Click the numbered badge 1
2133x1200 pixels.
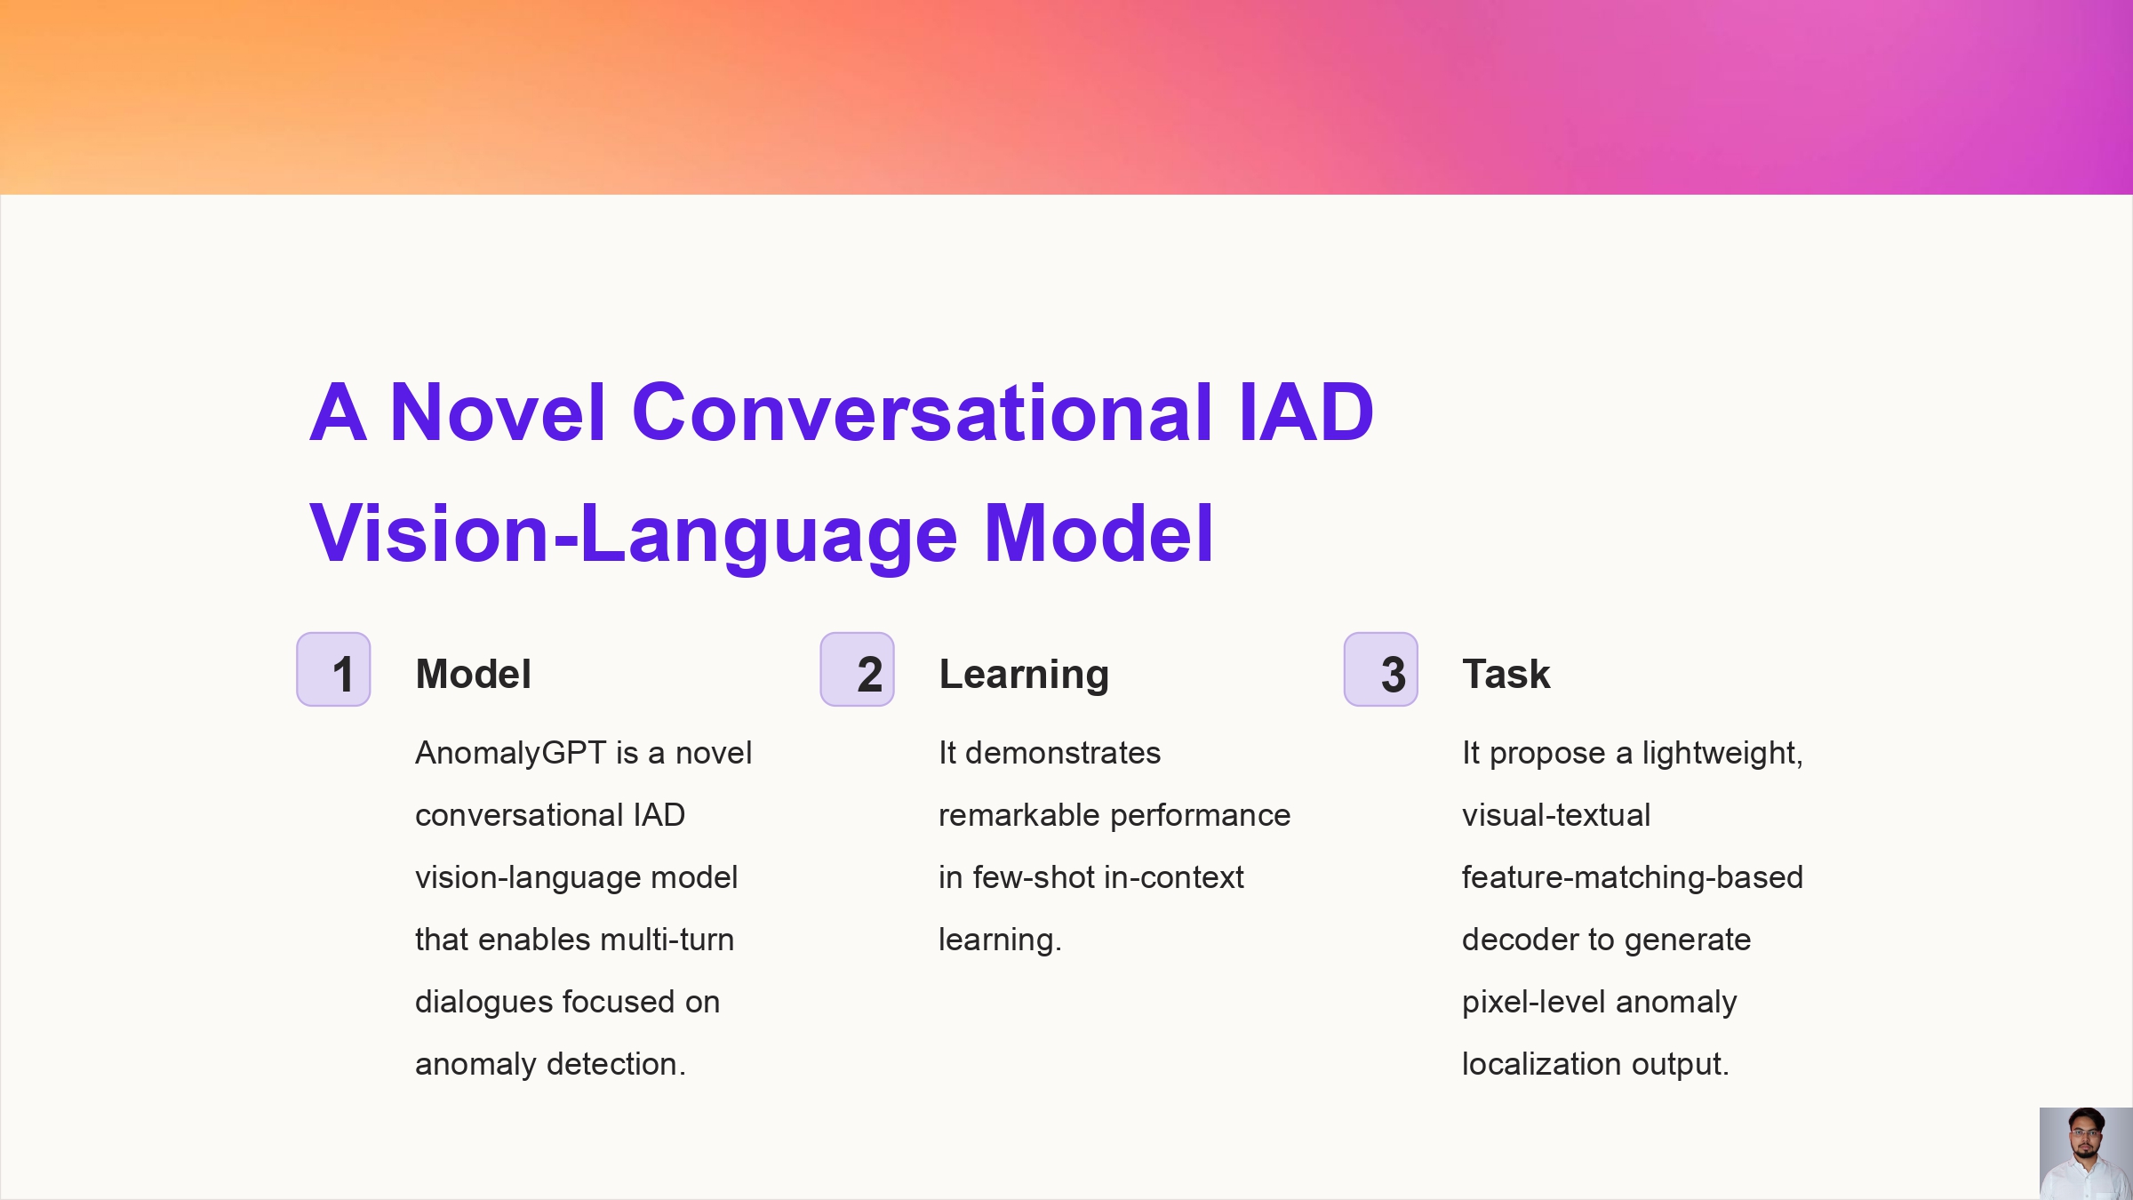tap(333, 669)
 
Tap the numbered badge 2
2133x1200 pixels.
tap(857, 669)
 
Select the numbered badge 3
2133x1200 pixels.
tap(1380, 669)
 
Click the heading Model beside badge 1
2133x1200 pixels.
tap(473, 674)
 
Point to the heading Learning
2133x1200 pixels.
tap(1024, 675)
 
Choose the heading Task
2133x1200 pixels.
tap(1506, 674)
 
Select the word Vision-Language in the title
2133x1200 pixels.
tap(633, 533)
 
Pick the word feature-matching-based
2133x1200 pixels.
tap(1632, 878)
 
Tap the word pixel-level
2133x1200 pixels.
tap(1535, 1003)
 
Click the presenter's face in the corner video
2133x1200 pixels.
tap(2085, 1134)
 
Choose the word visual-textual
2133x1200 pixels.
tap(1556, 815)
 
